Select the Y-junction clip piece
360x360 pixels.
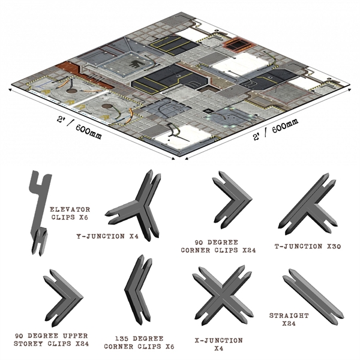point(139,207)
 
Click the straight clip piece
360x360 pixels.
point(313,295)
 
